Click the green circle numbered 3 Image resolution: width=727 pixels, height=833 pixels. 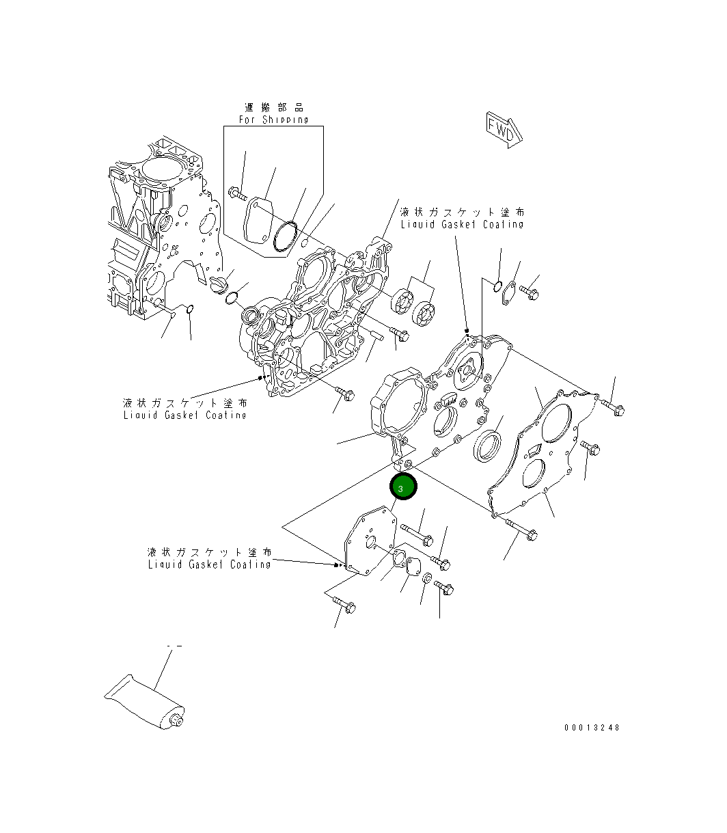(x=402, y=488)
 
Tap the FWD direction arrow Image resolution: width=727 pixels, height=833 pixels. (x=504, y=129)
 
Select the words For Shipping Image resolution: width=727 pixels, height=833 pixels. (x=273, y=120)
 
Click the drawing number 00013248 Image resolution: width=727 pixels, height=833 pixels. (x=592, y=728)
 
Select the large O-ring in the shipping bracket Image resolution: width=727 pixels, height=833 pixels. (x=284, y=235)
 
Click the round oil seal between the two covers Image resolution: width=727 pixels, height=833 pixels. (x=486, y=445)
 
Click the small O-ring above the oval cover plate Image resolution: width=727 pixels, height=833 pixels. (x=497, y=286)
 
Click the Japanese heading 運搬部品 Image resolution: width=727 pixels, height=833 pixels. (x=274, y=107)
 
